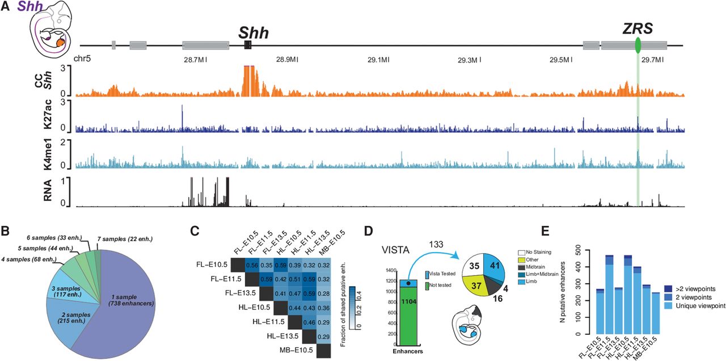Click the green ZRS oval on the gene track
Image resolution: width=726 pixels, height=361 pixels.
638,44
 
